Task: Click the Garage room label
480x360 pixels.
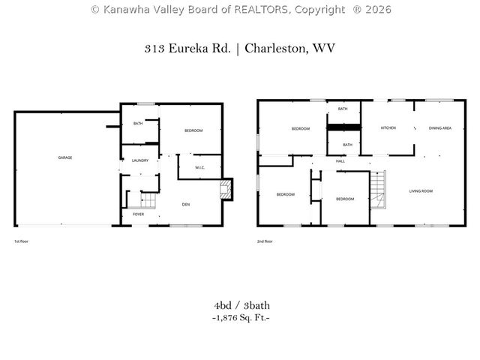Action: coord(65,157)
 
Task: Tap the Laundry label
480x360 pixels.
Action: coord(140,160)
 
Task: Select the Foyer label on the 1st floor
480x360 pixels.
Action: coord(139,214)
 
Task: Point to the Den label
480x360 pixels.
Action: coord(185,204)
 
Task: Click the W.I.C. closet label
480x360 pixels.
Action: coord(200,167)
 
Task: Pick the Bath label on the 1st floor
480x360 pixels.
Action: coord(138,124)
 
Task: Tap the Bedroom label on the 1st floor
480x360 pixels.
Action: coord(193,131)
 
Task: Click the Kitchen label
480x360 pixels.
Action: coord(388,128)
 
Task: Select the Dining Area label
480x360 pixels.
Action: coord(439,128)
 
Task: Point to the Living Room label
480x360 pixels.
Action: coord(421,191)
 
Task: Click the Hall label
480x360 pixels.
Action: coord(340,161)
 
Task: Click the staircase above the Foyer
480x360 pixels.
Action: coord(147,200)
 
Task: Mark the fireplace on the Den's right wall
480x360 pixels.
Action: coord(226,189)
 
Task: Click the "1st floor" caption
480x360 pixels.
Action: coord(22,241)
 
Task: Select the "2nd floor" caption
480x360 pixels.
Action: coord(265,241)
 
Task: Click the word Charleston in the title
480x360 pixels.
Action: coord(278,48)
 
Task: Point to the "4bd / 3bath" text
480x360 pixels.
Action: coord(240,305)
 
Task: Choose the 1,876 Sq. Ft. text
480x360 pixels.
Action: coord(240,318)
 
